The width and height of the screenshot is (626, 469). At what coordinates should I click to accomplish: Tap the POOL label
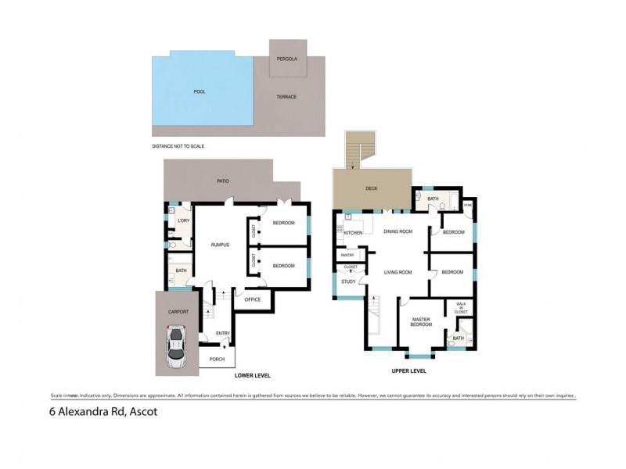tap(200, 91)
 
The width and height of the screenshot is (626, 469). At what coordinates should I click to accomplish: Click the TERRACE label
tap(286, 98)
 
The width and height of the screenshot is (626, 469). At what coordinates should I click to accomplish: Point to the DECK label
tap(372, 188)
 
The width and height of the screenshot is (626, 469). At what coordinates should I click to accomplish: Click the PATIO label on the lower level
tap(223, 181)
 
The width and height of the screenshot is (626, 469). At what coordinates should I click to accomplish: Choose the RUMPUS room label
tap(220, 245)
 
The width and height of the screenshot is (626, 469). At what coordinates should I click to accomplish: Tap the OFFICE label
tap(252, 299)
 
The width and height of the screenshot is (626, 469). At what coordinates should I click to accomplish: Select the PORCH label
tap(217, 359)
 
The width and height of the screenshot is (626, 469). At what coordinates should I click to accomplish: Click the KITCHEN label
tap(353, 233)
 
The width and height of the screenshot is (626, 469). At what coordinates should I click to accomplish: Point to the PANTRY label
tap(348, 254)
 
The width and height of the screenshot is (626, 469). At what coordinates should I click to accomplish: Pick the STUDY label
tap(349, 281)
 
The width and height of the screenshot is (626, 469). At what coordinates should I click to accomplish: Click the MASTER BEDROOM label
tap(423, 320)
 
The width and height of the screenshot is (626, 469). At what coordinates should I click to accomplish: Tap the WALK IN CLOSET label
tap(461, 308)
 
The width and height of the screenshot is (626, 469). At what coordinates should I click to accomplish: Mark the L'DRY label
tap(183, 221)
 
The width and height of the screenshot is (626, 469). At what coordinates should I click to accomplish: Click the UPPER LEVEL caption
tap(408, 371)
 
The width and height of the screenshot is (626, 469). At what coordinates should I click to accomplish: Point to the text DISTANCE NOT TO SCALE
tap(183, 146)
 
